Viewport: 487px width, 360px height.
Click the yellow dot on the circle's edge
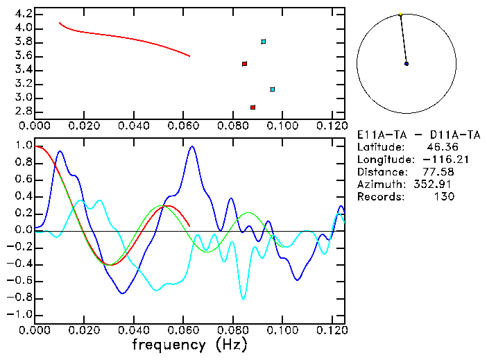pos(400,14)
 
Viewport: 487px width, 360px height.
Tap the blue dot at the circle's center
pos(407,64)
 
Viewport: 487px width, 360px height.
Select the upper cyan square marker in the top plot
pos(264,42)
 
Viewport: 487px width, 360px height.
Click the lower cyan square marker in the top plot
pos(273,89)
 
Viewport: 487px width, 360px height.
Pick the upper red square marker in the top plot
pos(244,64)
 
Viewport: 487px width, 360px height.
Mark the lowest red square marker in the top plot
pos(253,108)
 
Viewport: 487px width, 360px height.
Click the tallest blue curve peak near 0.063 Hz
pos(191,146)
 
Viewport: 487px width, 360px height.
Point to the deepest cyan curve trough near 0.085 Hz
pos(243,298)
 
